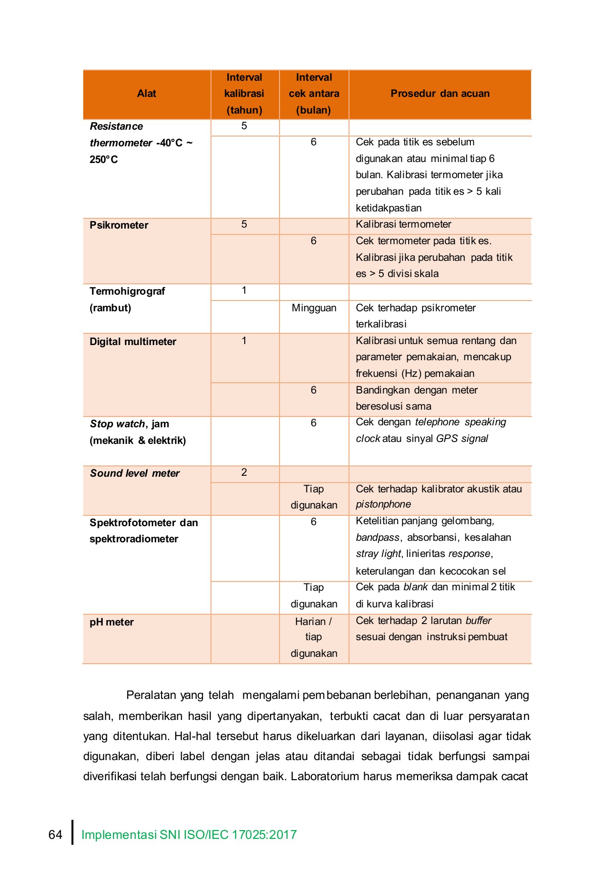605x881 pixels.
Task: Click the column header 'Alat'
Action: click(146, 93)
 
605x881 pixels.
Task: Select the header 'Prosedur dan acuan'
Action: click(440, 93)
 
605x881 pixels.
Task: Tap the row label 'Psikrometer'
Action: click(119, 225)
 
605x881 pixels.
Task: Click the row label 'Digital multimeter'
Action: click(133, 342)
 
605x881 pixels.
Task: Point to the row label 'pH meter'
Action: click(112, 622)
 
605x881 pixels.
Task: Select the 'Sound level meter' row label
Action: click(135, 473)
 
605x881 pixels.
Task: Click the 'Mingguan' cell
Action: click(314, 308)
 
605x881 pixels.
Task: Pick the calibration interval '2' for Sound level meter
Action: click(244, 472)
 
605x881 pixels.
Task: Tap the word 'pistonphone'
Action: click(383, 504)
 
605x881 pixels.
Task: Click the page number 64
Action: click(55, 835)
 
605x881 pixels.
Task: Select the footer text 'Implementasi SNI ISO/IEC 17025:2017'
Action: click(189, 835)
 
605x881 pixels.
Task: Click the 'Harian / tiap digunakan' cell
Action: click(314, 637)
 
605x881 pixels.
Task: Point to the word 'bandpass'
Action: click(377, 537)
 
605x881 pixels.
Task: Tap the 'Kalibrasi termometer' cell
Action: click(403, 224)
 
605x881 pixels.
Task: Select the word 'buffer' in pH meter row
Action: click(478, 621)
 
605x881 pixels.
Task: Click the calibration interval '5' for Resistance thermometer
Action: click(244, 126)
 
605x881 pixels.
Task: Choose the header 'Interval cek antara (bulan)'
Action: click(314, 93)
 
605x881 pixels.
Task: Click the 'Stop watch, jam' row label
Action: click(129, 424)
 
